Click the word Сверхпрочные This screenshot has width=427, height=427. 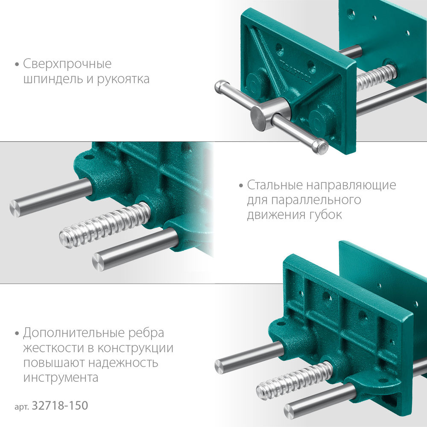coord(67,64)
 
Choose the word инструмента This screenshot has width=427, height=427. coord(61,377)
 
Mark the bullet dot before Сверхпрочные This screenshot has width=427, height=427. coord(17,65)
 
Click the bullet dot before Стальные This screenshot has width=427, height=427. coord(241,186)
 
